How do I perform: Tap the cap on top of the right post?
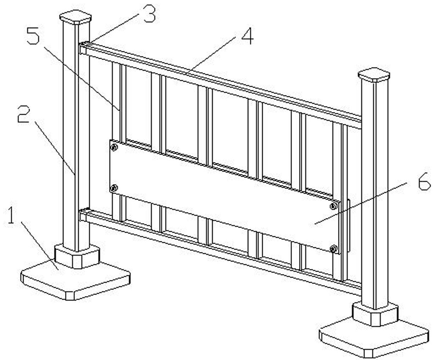[374, 75]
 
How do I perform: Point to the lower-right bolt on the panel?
[334, 249]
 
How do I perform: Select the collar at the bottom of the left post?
[77, 256]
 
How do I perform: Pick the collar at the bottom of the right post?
[375, 314]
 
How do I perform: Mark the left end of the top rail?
[82, 49]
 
